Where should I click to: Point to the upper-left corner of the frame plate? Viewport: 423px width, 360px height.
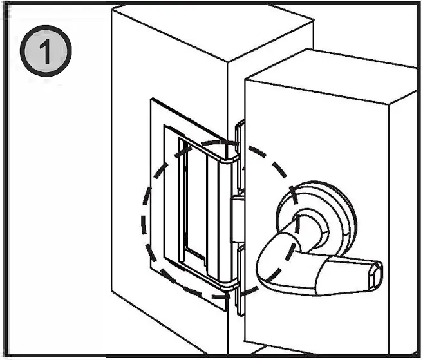pos(153,101)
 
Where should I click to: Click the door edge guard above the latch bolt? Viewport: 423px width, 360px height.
pos(241,158)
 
